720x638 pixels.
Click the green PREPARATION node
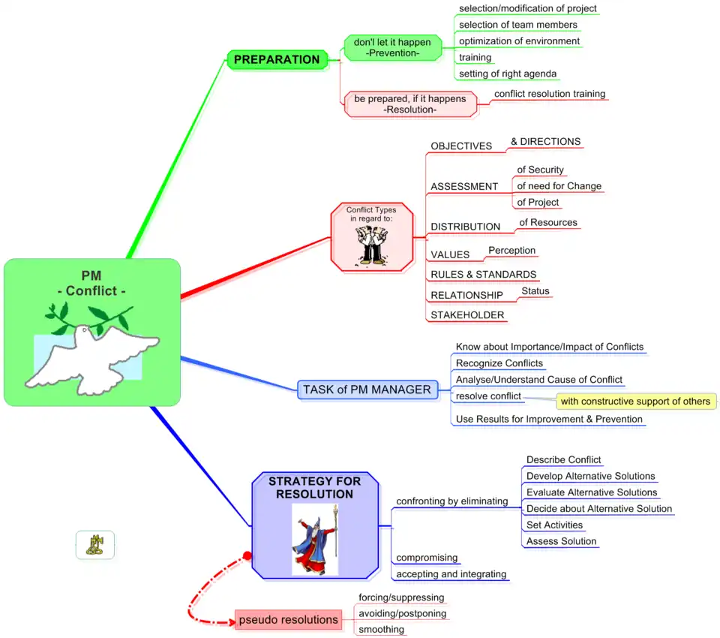[x=277, y=60]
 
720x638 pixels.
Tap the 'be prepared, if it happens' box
[x=409, y=104]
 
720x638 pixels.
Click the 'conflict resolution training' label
[x=549, y=95]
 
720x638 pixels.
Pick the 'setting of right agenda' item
[x=508, y=74]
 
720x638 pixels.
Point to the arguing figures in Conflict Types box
[x=371, y=245]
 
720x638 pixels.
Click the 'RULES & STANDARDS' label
[x=483, y=275]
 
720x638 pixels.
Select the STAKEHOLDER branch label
[x=467, y=315]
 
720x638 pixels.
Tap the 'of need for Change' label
[x=559, y=186]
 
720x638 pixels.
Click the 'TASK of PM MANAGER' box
[x=367, y=390]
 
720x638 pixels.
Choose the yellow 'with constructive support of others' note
[x=635, y=402]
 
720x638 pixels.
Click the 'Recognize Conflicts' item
[x=499, y=363]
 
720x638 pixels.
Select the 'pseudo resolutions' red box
[x=288, y=620]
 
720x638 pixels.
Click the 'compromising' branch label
[x=427, y=558]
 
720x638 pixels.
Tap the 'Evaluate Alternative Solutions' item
[x=591, y=492]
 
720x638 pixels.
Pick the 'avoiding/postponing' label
[x=402, y=614]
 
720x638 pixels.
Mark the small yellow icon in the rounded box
[x=95, y=545]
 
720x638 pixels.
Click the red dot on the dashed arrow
[x=245, y=556]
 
